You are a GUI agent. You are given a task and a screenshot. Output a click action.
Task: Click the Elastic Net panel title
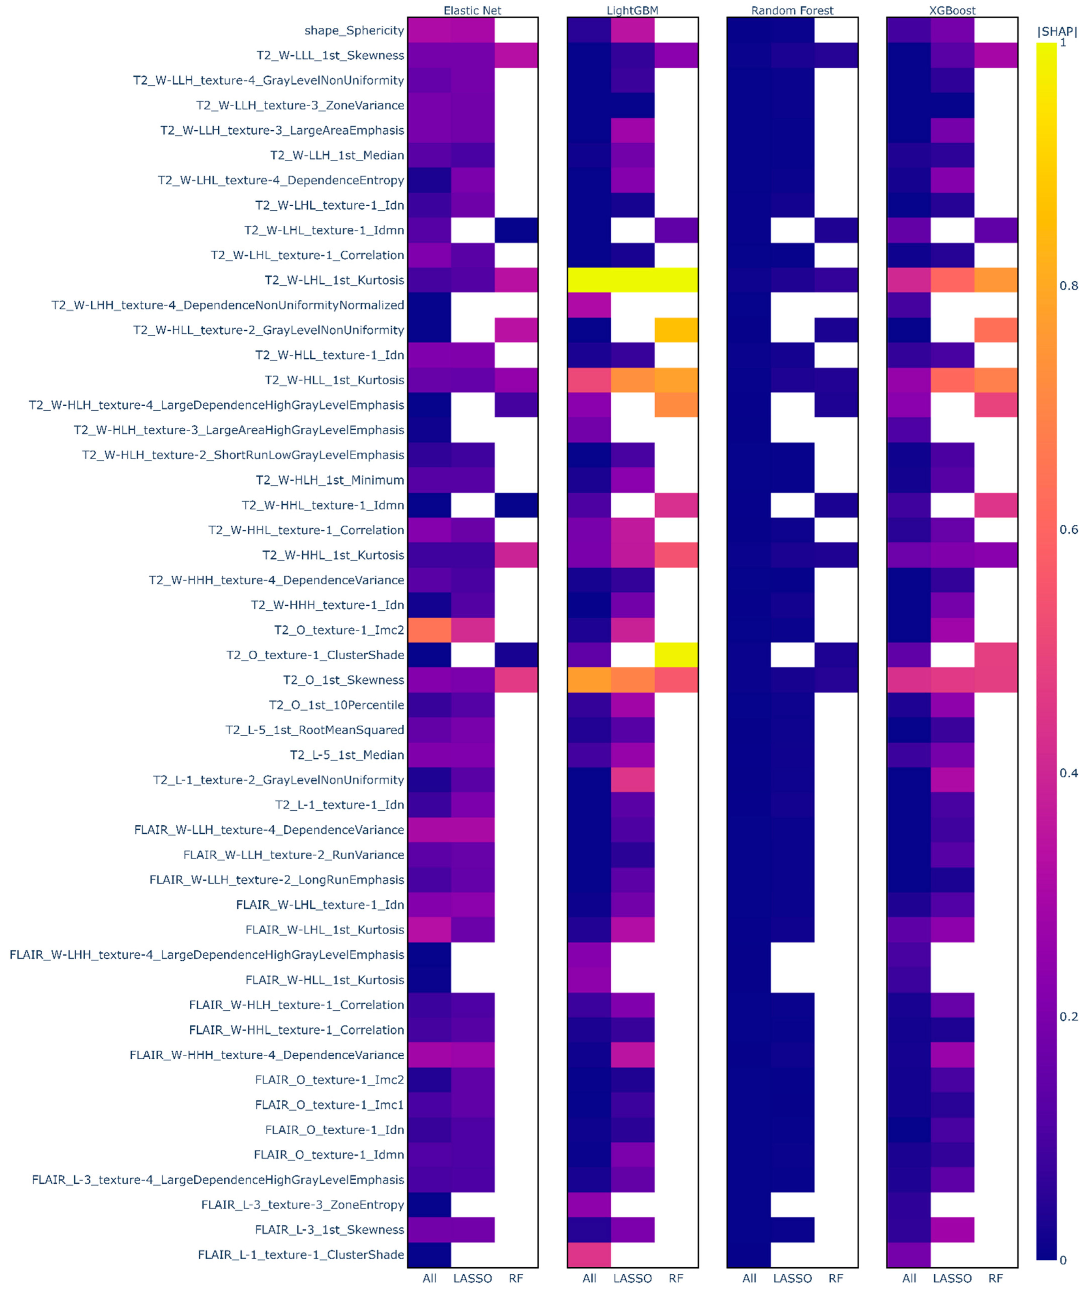pos(472,11)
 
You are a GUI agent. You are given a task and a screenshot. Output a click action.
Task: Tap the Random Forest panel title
pos(792,11)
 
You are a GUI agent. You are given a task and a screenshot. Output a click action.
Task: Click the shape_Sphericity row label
pos(354,30)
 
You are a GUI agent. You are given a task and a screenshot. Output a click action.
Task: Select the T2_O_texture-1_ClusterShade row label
pos(315,655)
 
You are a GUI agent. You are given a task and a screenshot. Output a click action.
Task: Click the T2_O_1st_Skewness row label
pos(343,680)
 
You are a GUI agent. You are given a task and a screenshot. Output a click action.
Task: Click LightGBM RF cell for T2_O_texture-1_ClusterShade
pos(676,655)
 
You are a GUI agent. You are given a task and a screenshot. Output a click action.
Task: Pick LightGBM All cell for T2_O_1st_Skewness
pos(589,680)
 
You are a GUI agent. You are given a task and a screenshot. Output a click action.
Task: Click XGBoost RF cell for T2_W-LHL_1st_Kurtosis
pos(996,280)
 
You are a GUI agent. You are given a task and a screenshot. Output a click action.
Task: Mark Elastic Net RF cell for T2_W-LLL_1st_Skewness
pos(516,55)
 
